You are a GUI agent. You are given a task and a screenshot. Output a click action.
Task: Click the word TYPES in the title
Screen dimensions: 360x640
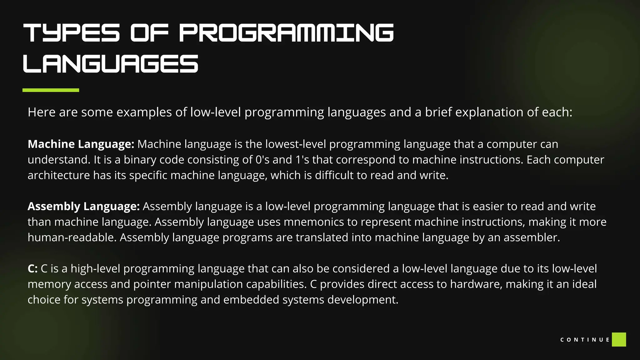coord(72,32)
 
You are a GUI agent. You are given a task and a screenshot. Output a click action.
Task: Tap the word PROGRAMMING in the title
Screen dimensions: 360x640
coord(286,32)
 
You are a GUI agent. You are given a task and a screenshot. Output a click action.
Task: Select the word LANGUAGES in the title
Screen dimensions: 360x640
coord(111,64)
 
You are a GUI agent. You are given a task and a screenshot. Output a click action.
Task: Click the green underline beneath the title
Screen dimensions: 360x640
coord(51,90)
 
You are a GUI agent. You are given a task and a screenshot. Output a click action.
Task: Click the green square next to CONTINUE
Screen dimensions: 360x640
coord(619,340)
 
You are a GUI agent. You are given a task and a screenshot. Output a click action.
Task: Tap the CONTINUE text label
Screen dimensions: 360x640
coord(585,340)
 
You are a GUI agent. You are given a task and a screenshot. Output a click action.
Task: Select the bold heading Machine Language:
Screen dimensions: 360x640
coord(81,144)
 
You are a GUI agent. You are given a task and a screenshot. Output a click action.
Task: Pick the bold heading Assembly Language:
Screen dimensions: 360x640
coord(83,206)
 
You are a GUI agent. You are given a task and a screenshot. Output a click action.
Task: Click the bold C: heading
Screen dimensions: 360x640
coord(32,268)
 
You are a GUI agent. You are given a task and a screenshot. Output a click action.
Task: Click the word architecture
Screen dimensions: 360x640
coord(59,175)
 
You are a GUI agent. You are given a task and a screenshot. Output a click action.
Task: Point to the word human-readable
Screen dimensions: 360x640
coord(72,237)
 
